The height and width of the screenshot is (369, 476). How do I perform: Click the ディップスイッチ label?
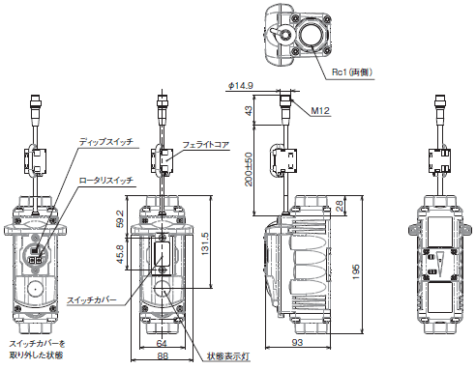click(x=106, y=142)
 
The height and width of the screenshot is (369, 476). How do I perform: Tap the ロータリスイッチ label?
click(x=106, y=180)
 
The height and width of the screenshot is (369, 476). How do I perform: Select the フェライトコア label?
click(x=206, y=145)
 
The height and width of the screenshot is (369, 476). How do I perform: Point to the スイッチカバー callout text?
click(x=92, y=300)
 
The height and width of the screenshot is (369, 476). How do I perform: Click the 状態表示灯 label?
click(x=228, y=356)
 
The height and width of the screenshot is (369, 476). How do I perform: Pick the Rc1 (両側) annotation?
click(x=352, y=72)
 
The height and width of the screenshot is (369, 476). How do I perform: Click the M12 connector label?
click(x=320, y=111)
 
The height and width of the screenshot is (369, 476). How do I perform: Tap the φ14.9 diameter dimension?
click(x=241, y=86)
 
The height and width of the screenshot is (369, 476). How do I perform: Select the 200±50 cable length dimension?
click(x=249, y=169)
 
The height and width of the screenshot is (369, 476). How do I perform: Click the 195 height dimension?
click(x=355, y=272)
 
